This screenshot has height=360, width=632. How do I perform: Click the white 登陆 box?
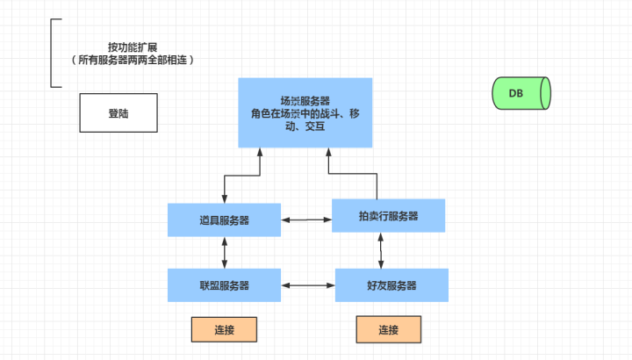tap(118, 113)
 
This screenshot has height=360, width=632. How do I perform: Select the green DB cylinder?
tap(521, 93)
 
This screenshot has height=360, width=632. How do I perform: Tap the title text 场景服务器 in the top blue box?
tap(305, 100)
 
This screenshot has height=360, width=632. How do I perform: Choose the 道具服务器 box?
tap(224, 220)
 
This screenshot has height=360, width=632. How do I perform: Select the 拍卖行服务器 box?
tap(388, 216)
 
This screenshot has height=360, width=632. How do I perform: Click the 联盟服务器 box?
tap(224, 285)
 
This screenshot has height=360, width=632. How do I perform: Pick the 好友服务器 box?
tap(391, 285)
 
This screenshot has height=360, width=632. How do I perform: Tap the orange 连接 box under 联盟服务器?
tap(224, 329)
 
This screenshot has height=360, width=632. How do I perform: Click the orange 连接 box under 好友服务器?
tap(389, 330)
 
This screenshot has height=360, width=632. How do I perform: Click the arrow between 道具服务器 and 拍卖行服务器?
tap(306, 218)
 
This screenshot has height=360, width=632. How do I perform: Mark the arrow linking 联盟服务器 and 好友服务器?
tap(308, 285)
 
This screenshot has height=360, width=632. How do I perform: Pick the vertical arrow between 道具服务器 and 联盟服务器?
tap(225, 253)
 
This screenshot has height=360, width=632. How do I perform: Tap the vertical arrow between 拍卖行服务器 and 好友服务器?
tap(381, 251)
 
